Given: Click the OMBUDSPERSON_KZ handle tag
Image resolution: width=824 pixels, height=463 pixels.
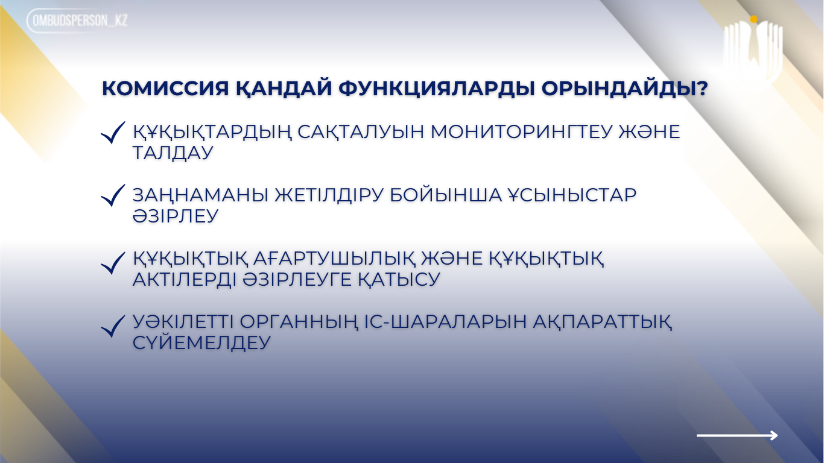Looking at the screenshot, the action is [x=78, y=20].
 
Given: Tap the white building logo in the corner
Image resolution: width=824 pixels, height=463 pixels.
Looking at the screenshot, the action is [x=753, y=49].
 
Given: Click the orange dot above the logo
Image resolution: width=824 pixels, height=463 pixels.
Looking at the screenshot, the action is [x=754, y=19].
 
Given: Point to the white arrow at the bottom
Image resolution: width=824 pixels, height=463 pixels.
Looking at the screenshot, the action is [x=737, y=435].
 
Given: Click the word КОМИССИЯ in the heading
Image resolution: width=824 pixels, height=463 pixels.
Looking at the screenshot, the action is [x=165, y=89].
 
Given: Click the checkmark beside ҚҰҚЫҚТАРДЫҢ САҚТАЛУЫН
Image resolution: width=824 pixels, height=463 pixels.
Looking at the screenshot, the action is [x=113, y=133].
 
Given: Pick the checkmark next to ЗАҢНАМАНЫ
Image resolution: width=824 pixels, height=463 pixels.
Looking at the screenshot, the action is [x=113, y=196].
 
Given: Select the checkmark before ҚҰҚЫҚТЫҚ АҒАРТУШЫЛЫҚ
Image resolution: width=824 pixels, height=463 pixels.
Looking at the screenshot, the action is [x=113, y=263].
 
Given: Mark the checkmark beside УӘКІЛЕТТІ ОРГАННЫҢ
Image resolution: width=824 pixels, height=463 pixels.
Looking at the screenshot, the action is [x=113, y=327].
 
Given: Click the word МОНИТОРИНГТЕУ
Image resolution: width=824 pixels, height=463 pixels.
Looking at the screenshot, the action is [x=521, y=131].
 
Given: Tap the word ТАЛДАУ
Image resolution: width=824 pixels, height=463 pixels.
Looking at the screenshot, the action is [x=173, y=153].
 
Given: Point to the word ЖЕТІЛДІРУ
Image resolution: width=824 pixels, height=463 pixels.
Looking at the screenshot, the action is [x=329, y=195].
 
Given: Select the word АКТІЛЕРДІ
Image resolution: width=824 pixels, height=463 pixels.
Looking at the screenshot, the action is [x=185, y=280].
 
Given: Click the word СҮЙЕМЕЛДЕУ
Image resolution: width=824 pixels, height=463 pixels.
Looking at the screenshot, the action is [x=201, y=343].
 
